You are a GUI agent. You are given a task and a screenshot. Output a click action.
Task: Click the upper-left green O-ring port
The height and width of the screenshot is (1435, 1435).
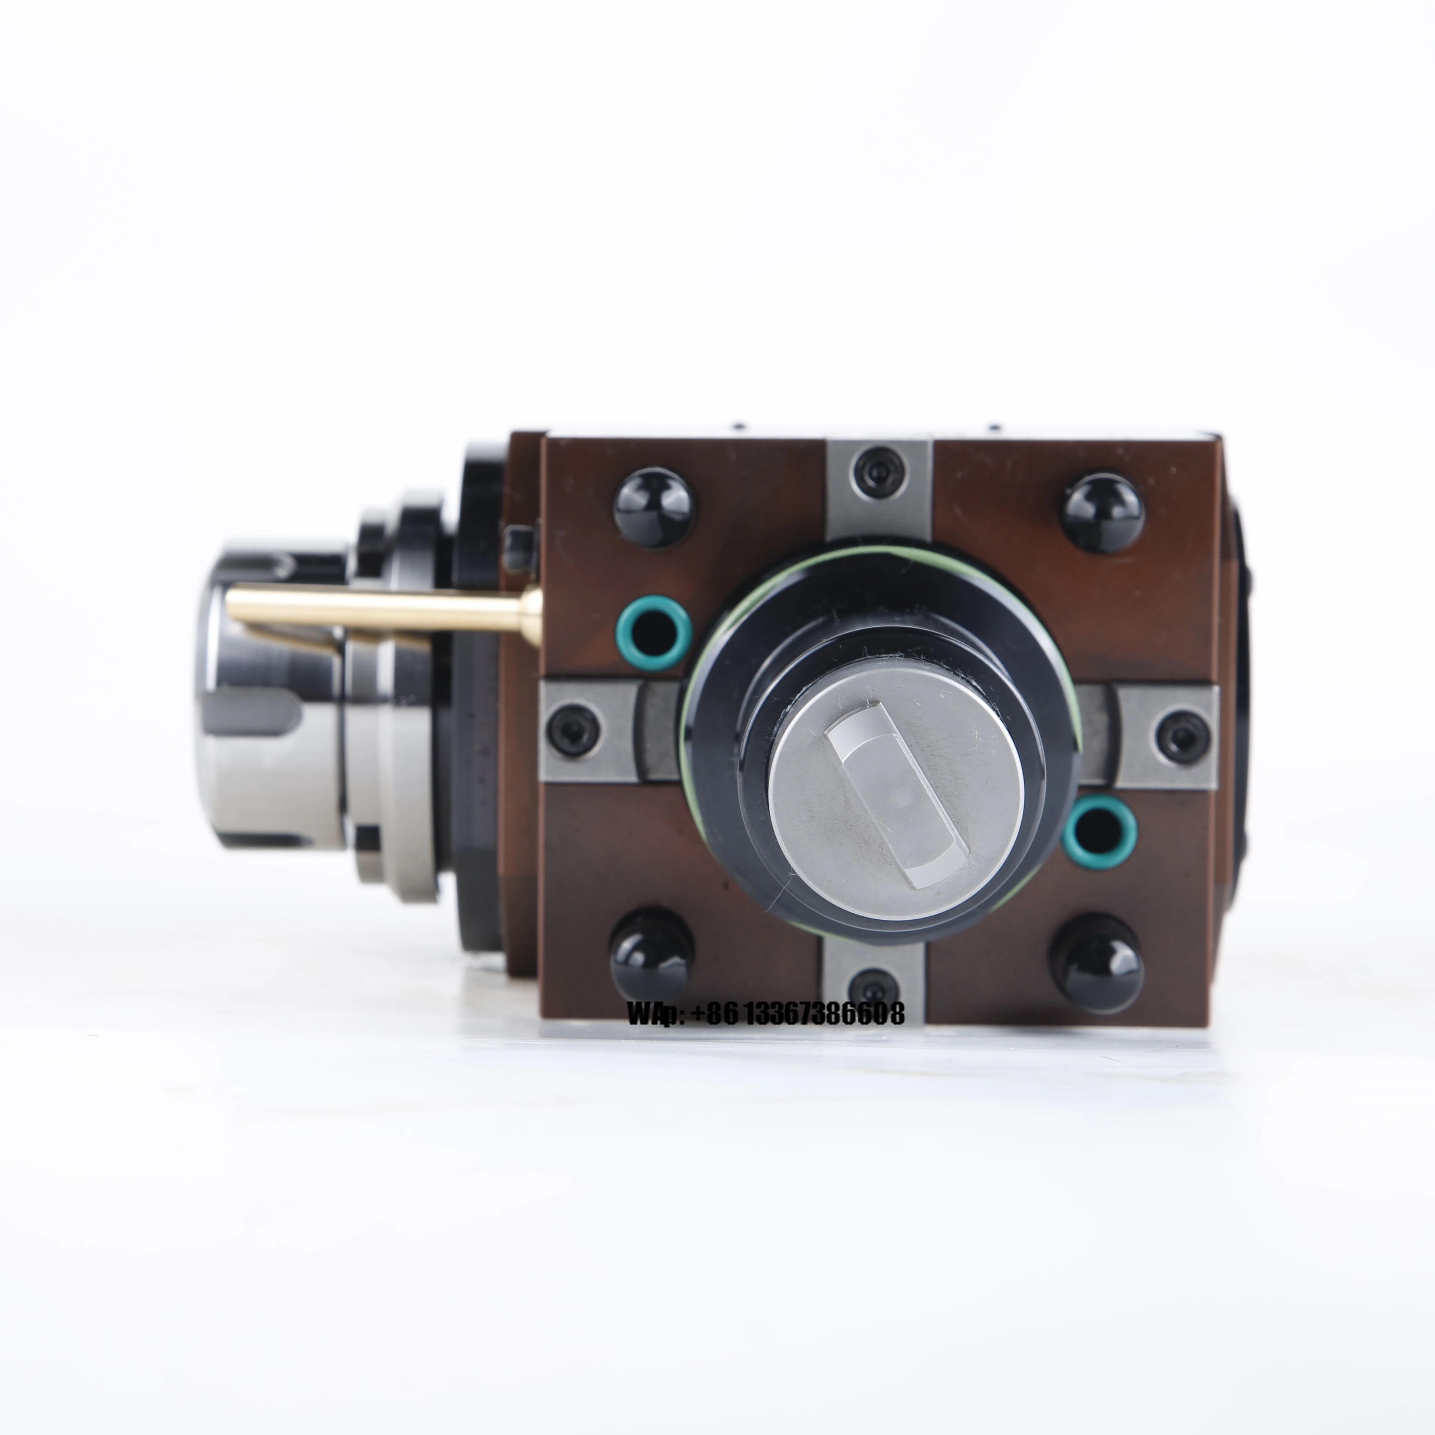654,636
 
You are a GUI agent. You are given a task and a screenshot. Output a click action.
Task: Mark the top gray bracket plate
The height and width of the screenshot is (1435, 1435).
879,483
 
